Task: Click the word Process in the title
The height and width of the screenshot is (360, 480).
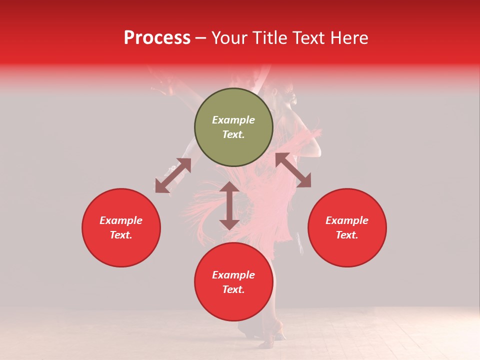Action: point(157,38)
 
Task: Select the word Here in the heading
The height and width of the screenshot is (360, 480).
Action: point(348,38)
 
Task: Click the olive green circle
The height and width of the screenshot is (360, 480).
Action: point(233,127)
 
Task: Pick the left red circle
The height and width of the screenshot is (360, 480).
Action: point(121,227)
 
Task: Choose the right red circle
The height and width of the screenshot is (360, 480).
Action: point(347,227)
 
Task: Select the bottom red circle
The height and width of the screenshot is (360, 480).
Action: point(233,281)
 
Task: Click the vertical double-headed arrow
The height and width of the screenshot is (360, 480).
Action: point(229,205)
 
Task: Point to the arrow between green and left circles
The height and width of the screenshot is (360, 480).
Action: point(173,175)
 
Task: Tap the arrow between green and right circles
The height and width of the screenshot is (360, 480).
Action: point(293,170)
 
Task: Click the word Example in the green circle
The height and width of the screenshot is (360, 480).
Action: point(233,120)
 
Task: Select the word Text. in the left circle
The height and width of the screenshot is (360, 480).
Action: point(121,235)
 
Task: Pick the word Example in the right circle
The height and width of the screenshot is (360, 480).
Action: point(347,220)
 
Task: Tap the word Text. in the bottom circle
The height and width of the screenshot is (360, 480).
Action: point(233,289)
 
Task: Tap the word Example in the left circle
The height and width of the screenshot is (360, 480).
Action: point(121,220)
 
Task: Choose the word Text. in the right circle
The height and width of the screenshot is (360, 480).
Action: point(347,235)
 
